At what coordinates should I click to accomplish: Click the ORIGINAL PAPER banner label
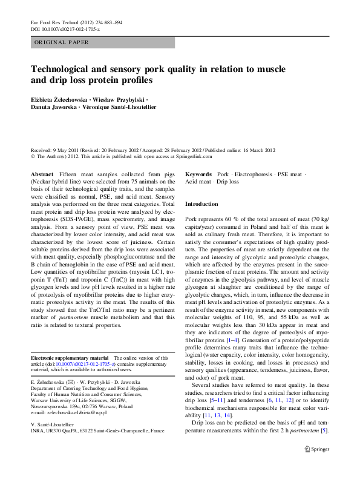(62, 42)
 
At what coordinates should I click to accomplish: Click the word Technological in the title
(63, 68)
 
